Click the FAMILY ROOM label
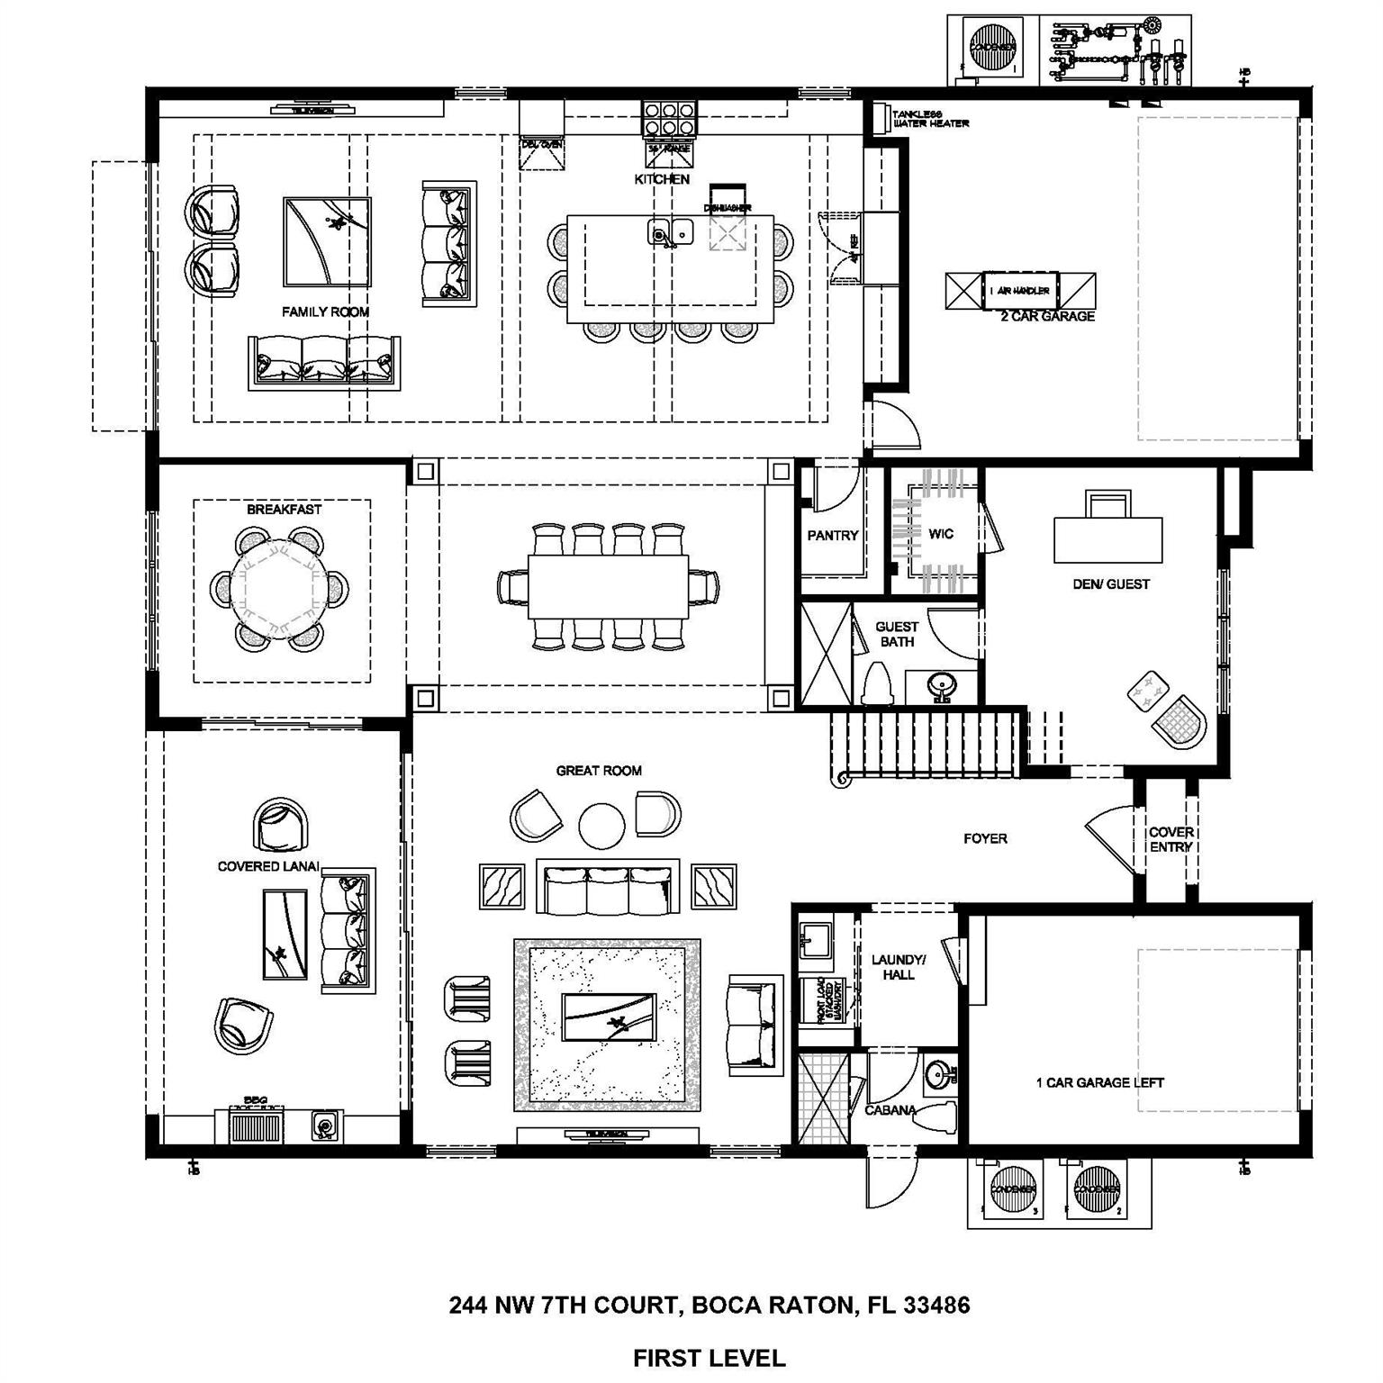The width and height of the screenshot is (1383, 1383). (x=325, y=312)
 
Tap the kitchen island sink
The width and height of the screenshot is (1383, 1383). (x=669, y=233)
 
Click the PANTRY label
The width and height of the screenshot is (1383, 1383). (x=832, y=536)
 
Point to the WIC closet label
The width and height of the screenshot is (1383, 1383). (x=941, y=534)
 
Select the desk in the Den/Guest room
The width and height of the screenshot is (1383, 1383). (x=1107, y=538)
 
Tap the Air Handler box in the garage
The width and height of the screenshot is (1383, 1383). (x=1020, y=291)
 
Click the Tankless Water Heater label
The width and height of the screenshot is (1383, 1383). (x=929, y=119)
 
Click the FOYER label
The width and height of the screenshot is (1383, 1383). (x=985, y=838)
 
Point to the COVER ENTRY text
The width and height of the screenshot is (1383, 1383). (x=1171, y=839)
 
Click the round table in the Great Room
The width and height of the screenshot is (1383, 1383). (x=601, y=825)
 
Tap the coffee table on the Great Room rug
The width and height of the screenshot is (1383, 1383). (x=609, y=1017)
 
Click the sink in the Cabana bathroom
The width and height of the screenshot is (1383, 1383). (x=939, y=1073)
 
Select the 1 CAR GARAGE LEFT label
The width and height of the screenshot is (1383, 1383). (x=1099, y=1082)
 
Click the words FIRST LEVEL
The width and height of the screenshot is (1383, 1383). (x=709, y=1357)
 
